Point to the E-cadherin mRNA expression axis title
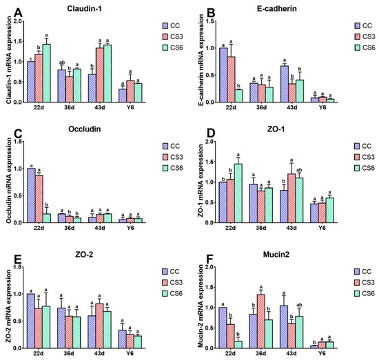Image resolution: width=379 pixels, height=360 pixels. pyautogui.click(x=198, y=61)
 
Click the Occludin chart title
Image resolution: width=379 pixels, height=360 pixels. pyautogui.click(x=84, y=130)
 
